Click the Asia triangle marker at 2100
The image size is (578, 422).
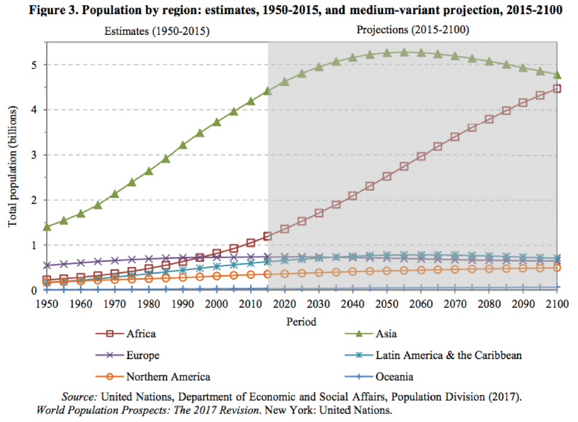tap(557, 75)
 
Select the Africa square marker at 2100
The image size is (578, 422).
tap(557, 89)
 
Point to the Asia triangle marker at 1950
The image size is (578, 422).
tap(47, 226)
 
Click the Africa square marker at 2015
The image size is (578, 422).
tap(268, 236)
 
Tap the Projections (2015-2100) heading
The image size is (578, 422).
tap(413, 30)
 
